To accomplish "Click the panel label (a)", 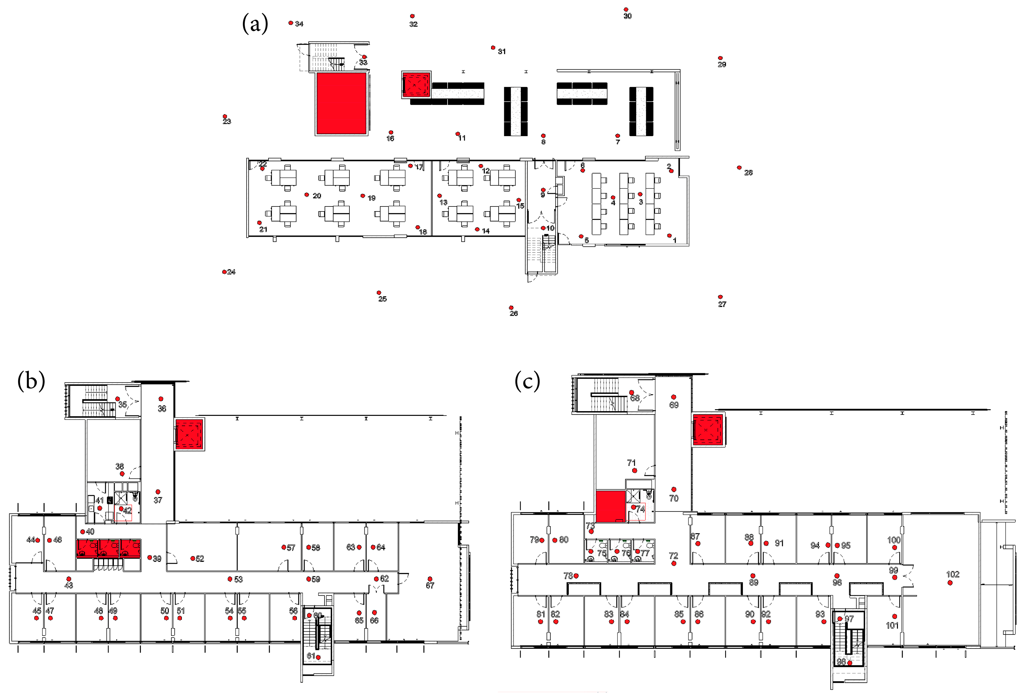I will (255, 23).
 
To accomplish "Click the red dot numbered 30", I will (625, 9).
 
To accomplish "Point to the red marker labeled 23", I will (225, 116).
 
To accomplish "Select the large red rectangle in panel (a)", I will (341, 104).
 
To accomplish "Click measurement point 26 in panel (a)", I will (511, 307).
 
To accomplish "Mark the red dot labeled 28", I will (739, 168).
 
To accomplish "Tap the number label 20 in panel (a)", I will (317, 196).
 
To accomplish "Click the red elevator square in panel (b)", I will (189, 434).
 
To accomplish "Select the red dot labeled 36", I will (161, 399).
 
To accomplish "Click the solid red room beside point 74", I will (610, 506).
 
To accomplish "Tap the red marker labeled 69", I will (673, 397).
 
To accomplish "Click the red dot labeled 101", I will (895, 616).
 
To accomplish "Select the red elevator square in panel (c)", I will (707, 430).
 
